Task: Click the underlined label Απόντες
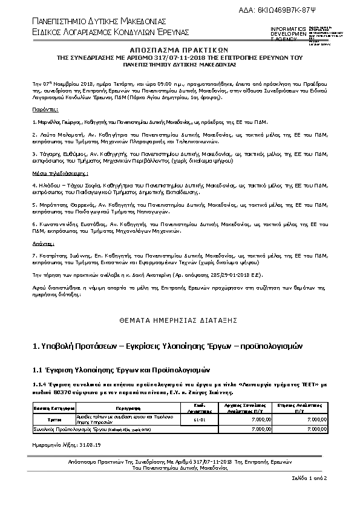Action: tap(44, 243)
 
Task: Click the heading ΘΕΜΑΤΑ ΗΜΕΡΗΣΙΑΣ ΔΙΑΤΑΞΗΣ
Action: tap(179, 319)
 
